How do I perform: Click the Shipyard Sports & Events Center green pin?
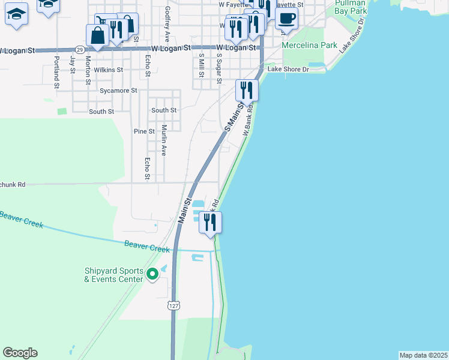point(152,274)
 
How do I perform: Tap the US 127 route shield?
point(173,305)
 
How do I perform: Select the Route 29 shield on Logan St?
point(80,49)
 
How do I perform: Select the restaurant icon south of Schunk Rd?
point(210,222)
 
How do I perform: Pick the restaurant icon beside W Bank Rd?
point(247,90)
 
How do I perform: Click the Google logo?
point(20,353)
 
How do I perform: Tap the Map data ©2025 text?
point(423,355)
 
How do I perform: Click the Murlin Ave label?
point(163,140)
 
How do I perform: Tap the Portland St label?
point(56,72)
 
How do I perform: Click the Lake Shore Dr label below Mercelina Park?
point(288,70)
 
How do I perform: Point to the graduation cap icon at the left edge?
point(16,13)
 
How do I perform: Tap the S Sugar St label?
point(220,68)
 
